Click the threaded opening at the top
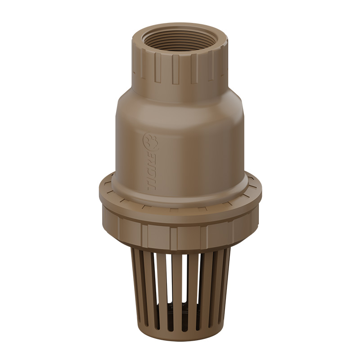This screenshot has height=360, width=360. (x=180, y=43)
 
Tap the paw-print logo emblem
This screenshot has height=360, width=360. (x=148, y=141)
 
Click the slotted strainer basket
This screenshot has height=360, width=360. (x=180, y=288)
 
